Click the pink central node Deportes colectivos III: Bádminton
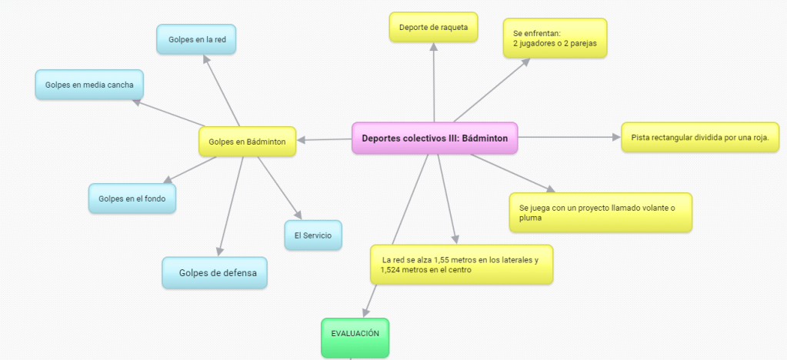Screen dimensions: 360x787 click(x=435, y=138)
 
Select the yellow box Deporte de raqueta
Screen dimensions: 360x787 click(x=433, y=28)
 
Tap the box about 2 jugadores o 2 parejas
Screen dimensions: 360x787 click(x=555, y=38)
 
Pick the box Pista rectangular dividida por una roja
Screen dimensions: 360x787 click(x=699, y=138)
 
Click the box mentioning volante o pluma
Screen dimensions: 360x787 click(x=600, y=212)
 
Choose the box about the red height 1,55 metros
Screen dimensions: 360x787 click(x=461, y=265)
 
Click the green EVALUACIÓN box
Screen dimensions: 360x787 click(x=355, y=335)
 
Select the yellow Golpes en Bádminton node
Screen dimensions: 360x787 click(x=247, y=142)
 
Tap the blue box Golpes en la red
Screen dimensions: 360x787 click(x=196, y=39)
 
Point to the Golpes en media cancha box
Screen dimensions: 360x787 click(x=89, y=85)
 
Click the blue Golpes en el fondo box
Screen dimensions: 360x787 click(x=132, y=198)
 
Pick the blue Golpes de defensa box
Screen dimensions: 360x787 click(x=215, y=272)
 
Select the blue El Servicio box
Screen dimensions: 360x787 click(x=312, y=235)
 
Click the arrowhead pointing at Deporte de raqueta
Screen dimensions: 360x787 click(x=434, y=48)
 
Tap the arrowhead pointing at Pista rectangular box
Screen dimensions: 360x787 click(x=615, y=137)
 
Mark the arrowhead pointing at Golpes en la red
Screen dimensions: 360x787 click(x=208, y=60)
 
